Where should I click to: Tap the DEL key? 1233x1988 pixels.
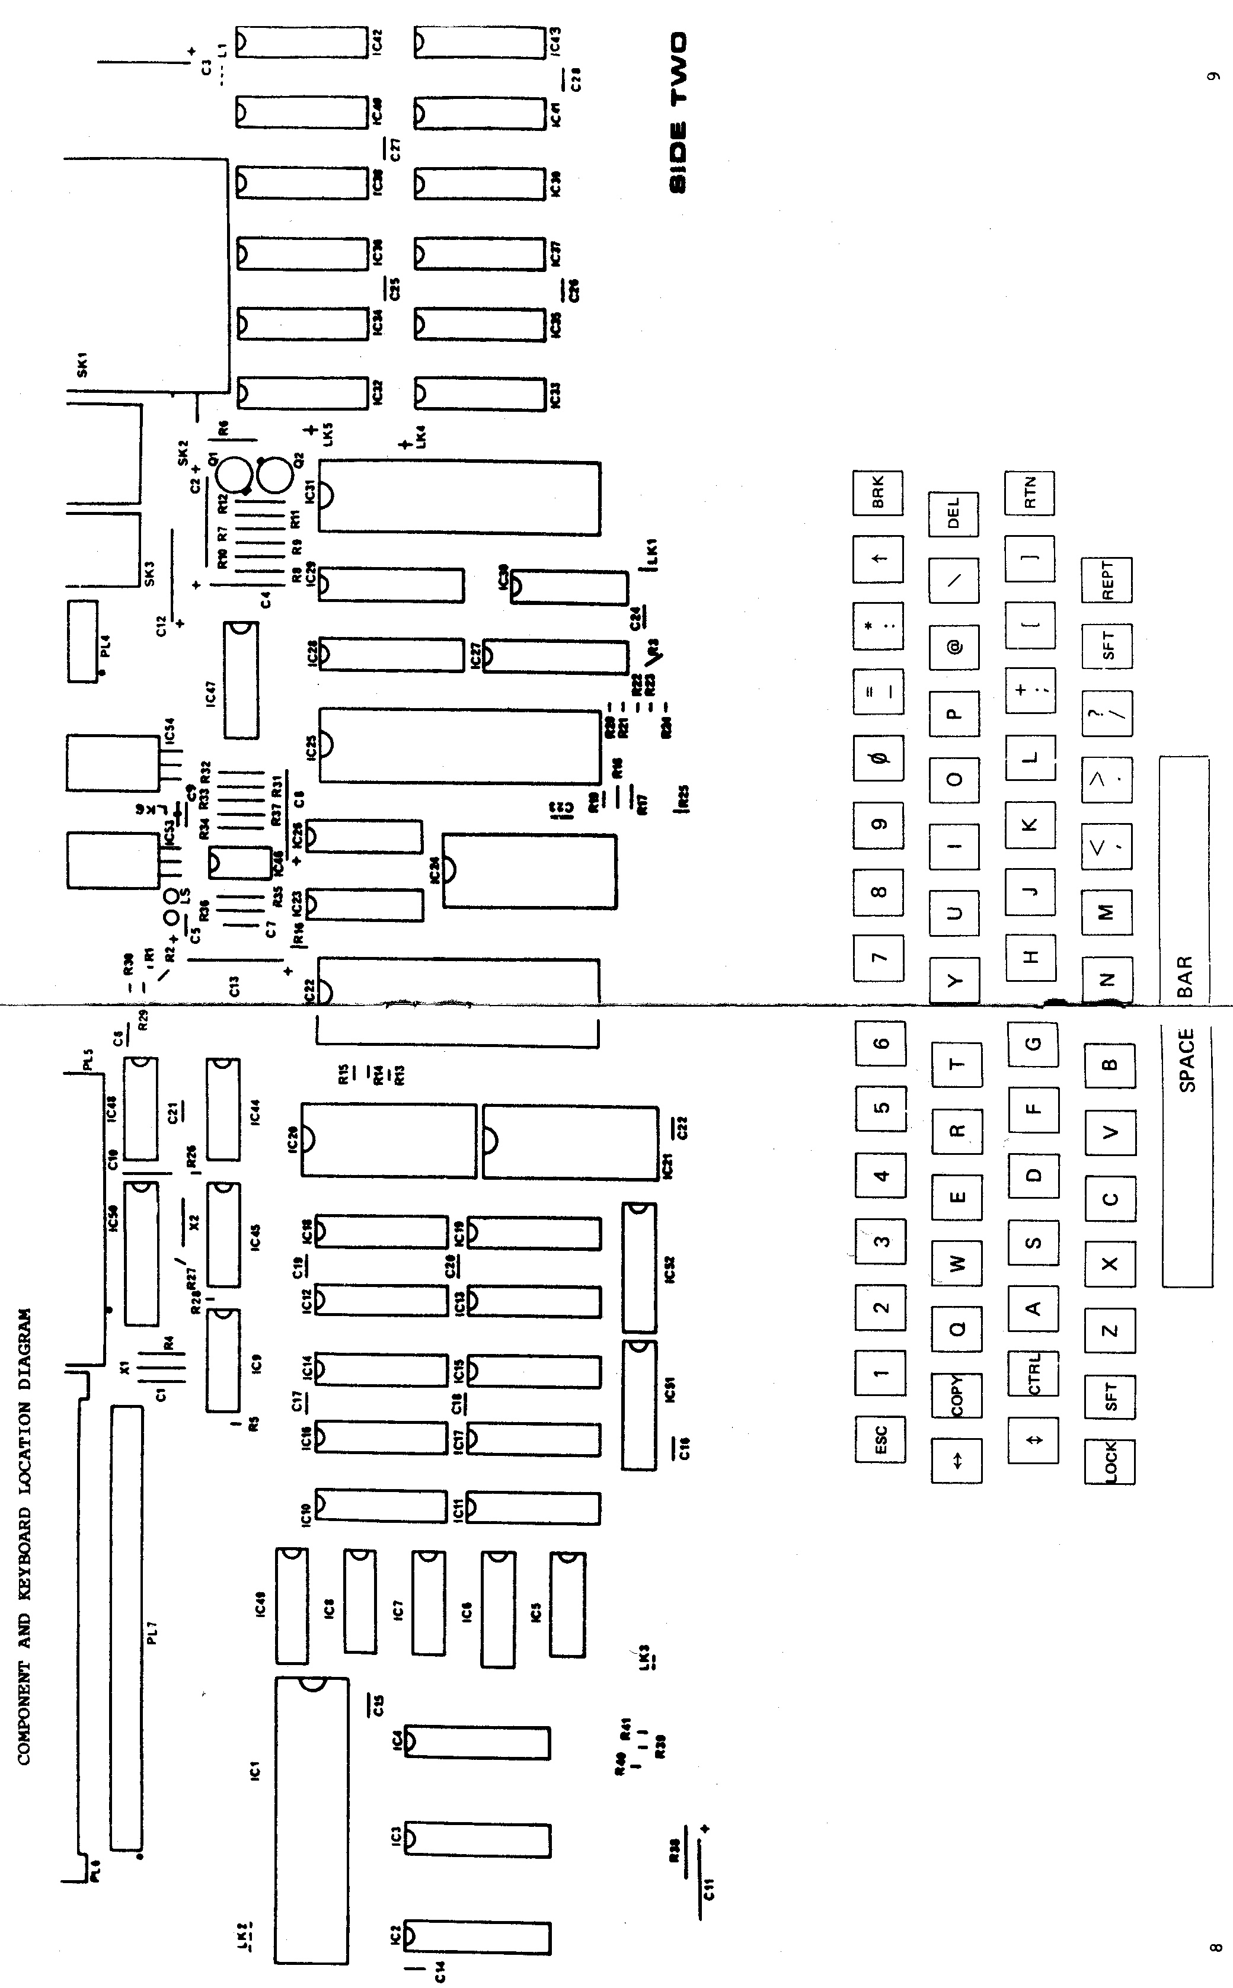(x=953, y=514)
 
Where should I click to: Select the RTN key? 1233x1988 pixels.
(x=1029, y=492)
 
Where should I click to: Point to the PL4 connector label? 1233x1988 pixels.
(x=104, y=648)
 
